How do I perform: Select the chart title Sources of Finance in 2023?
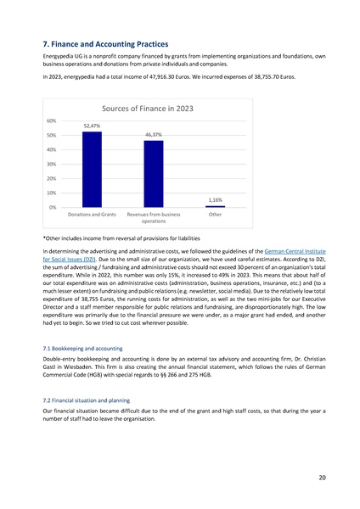(154, 109)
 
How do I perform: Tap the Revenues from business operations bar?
(154, 174)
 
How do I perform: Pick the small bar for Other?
(216, 206)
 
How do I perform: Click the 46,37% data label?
(154, 134)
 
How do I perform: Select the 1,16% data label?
(216, 199)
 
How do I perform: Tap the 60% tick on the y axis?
(53, 120)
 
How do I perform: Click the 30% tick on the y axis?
(53, 164)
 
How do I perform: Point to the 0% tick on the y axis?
(53, 207)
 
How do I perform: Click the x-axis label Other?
(216, 215)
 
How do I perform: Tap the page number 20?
(323, 478)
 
